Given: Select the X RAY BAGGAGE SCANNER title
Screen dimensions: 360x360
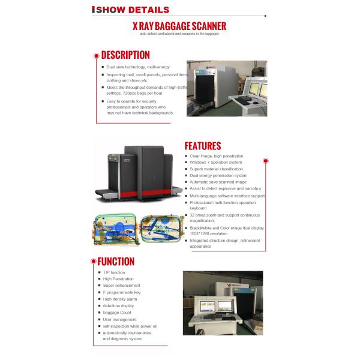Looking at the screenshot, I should (x=179, y=26).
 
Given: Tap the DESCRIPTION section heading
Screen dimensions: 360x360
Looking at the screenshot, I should (x=125, y=55).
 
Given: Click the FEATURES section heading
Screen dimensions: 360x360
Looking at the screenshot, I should (x=202, y=146).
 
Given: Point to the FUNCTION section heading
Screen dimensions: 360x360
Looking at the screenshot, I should (x=116, y=261).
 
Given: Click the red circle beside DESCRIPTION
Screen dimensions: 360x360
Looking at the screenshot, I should (x=96, y=56).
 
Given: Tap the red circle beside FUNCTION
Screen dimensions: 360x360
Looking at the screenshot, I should (x=93, y=261).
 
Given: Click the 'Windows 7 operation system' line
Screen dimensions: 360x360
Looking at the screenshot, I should (x=216, y=162).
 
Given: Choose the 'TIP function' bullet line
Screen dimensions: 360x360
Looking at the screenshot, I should (x=114, y=272).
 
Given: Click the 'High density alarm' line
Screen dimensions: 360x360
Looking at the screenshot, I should (x=120, y=299).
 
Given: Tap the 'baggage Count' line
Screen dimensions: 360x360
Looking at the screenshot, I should (x=117, y=313).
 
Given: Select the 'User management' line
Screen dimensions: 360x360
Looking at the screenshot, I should (x=119, y=319).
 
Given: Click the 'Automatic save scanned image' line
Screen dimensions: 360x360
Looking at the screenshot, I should (x=218, y=182).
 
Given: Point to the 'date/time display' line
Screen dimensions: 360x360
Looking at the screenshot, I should (x=119, y=305).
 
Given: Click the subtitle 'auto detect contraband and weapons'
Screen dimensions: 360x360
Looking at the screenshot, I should (x=179, y=34).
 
